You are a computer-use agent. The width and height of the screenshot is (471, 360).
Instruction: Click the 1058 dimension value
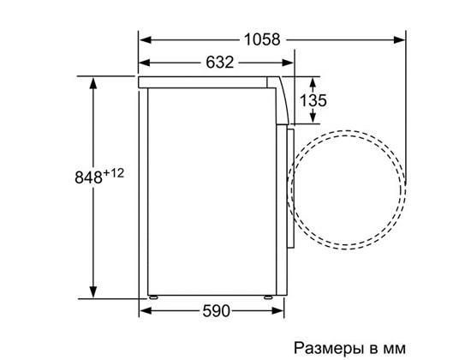point(262,39)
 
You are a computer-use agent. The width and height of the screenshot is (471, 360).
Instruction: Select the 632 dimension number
point(219,63)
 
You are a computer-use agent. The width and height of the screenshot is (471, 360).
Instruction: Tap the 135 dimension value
point(313,100)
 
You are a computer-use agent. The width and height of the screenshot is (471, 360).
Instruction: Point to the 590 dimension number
point(216,311)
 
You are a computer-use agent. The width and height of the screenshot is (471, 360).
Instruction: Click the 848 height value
point(88,177)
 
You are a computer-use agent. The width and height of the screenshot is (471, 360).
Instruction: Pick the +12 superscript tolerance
point(114,173)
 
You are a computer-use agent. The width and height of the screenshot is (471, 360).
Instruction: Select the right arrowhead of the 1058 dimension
point(399,39)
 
